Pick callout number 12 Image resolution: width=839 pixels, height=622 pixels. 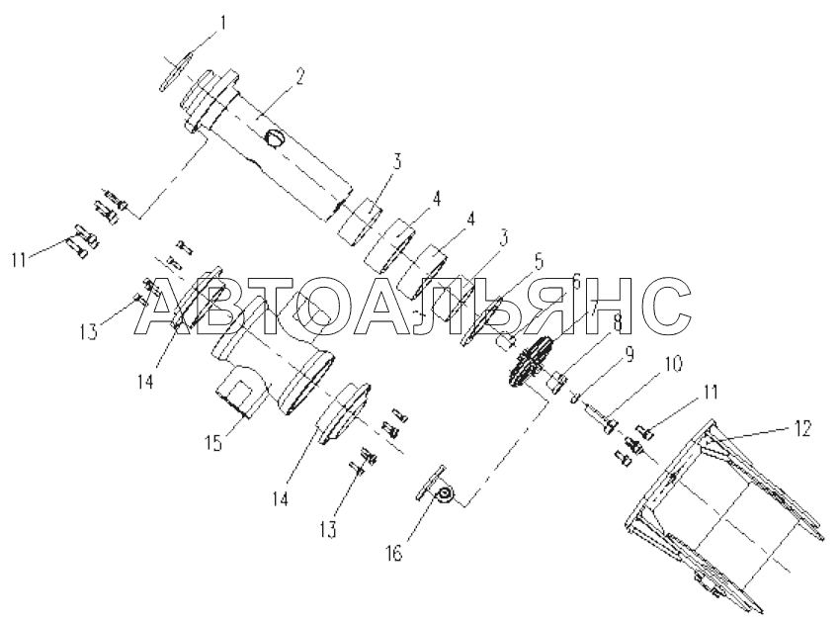click(x=801, y=428)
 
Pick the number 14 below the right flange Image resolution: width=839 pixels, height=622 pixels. click(x=281, y=500)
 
